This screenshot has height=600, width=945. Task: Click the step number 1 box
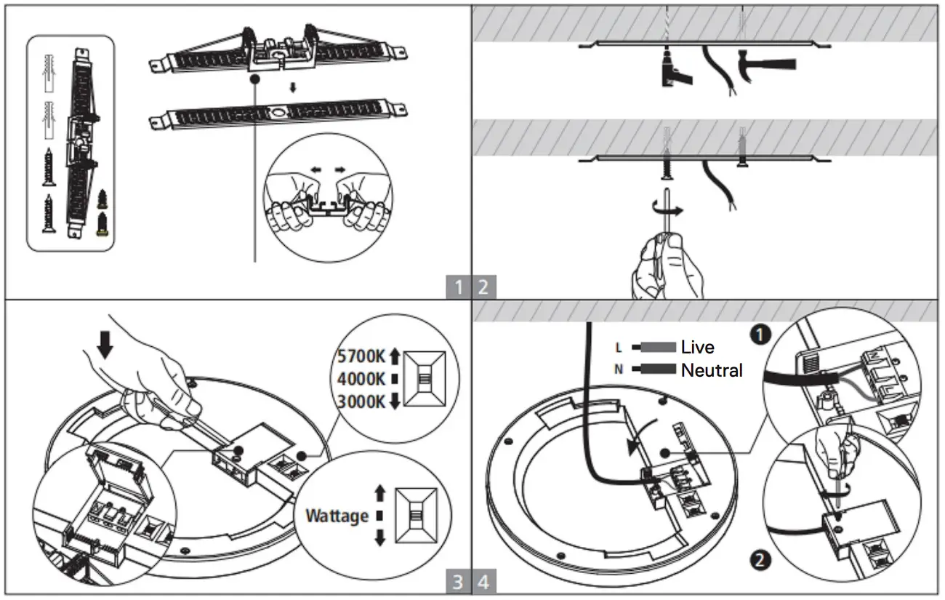pos(458,287)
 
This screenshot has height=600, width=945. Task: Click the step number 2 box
pos(484,287)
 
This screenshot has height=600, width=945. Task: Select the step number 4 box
pos(484,582)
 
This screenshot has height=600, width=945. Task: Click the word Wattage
pos(337,516)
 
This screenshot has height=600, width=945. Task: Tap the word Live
pos(697,348)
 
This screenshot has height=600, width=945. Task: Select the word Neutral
pos(712,370)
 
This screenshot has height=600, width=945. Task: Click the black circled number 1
pos(760,335)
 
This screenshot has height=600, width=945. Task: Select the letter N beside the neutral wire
pos(619,369)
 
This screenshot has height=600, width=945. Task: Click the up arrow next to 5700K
pos(395,356)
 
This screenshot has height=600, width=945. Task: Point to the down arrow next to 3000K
pos(395,401)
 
